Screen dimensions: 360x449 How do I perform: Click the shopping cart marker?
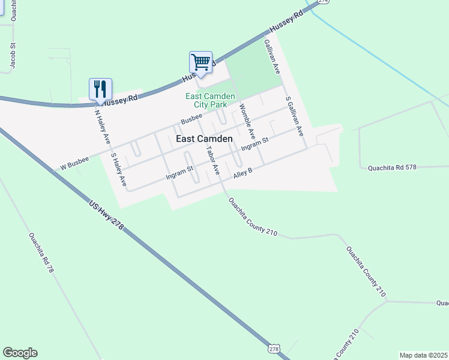click(201, 62)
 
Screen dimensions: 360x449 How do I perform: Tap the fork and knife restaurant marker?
click(101, 89)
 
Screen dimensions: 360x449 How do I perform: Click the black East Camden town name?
click(204, 139)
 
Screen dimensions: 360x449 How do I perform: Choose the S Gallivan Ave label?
click(294, 116)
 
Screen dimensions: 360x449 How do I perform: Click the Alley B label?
click(243, 172)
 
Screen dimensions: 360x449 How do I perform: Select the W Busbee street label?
click(74, 164)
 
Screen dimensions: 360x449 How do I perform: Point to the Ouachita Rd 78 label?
click(41, 253)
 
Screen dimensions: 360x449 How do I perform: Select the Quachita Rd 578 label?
click(392, 168)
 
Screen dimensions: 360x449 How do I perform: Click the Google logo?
click(20, 353)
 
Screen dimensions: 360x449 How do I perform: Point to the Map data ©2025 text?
click(423, 355)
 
